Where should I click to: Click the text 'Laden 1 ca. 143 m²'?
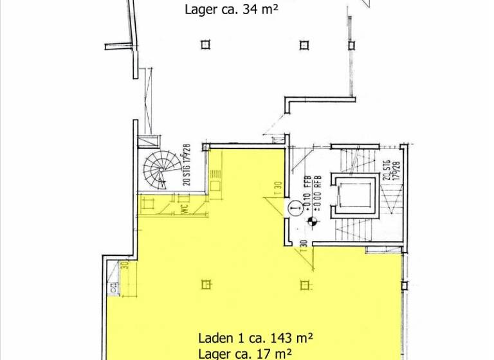pos(255,337)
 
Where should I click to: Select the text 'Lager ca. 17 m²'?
pos(246,353)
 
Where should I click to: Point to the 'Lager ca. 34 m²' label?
pos(231,9)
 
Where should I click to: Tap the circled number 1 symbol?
pos(295,207)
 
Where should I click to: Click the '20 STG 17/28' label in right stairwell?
pos(388,170)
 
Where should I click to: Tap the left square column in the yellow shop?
pos(206,283)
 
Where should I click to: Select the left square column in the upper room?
pos(205,44)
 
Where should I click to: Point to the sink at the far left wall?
pos(114,288)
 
